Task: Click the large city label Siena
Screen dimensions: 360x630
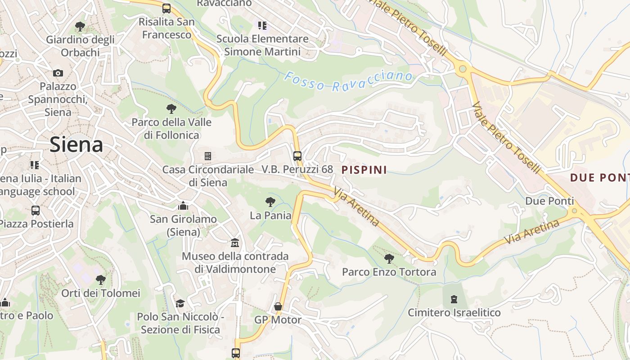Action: (x=76, y=145)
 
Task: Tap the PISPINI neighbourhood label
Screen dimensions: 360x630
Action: (x=364, y=170)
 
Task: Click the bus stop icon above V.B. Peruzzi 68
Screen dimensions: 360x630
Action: (x=297, y=156)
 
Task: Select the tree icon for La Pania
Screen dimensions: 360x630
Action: (x=270, y=202)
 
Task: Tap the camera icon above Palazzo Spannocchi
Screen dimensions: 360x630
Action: (x=58, y=73)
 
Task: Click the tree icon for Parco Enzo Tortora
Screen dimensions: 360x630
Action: (x=389, y=258)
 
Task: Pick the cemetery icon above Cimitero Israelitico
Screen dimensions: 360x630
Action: (x=454, y=299)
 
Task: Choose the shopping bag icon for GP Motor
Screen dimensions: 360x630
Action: (x=278, y=306)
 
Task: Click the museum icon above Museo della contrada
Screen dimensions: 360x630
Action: (x=234, y=243)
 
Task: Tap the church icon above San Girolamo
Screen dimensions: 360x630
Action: (x=183, y=206)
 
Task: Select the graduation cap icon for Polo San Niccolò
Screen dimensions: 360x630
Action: (x=180, y=303)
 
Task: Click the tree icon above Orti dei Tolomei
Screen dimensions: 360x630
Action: (x=101, y=279)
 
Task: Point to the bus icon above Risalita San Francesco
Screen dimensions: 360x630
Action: (x=166, y=8)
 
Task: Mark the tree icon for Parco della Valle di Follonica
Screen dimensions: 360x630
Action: (x=171, y=108)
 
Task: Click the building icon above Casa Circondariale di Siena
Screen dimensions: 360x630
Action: (x=207, y=156)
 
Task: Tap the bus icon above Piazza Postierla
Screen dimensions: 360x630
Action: (x=35, y=210)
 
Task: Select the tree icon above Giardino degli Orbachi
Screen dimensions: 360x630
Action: (x=80, y=26)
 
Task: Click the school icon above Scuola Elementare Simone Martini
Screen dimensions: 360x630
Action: (x=262, y=25)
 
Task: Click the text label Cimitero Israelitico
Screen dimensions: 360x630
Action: (x=454, y=312)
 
